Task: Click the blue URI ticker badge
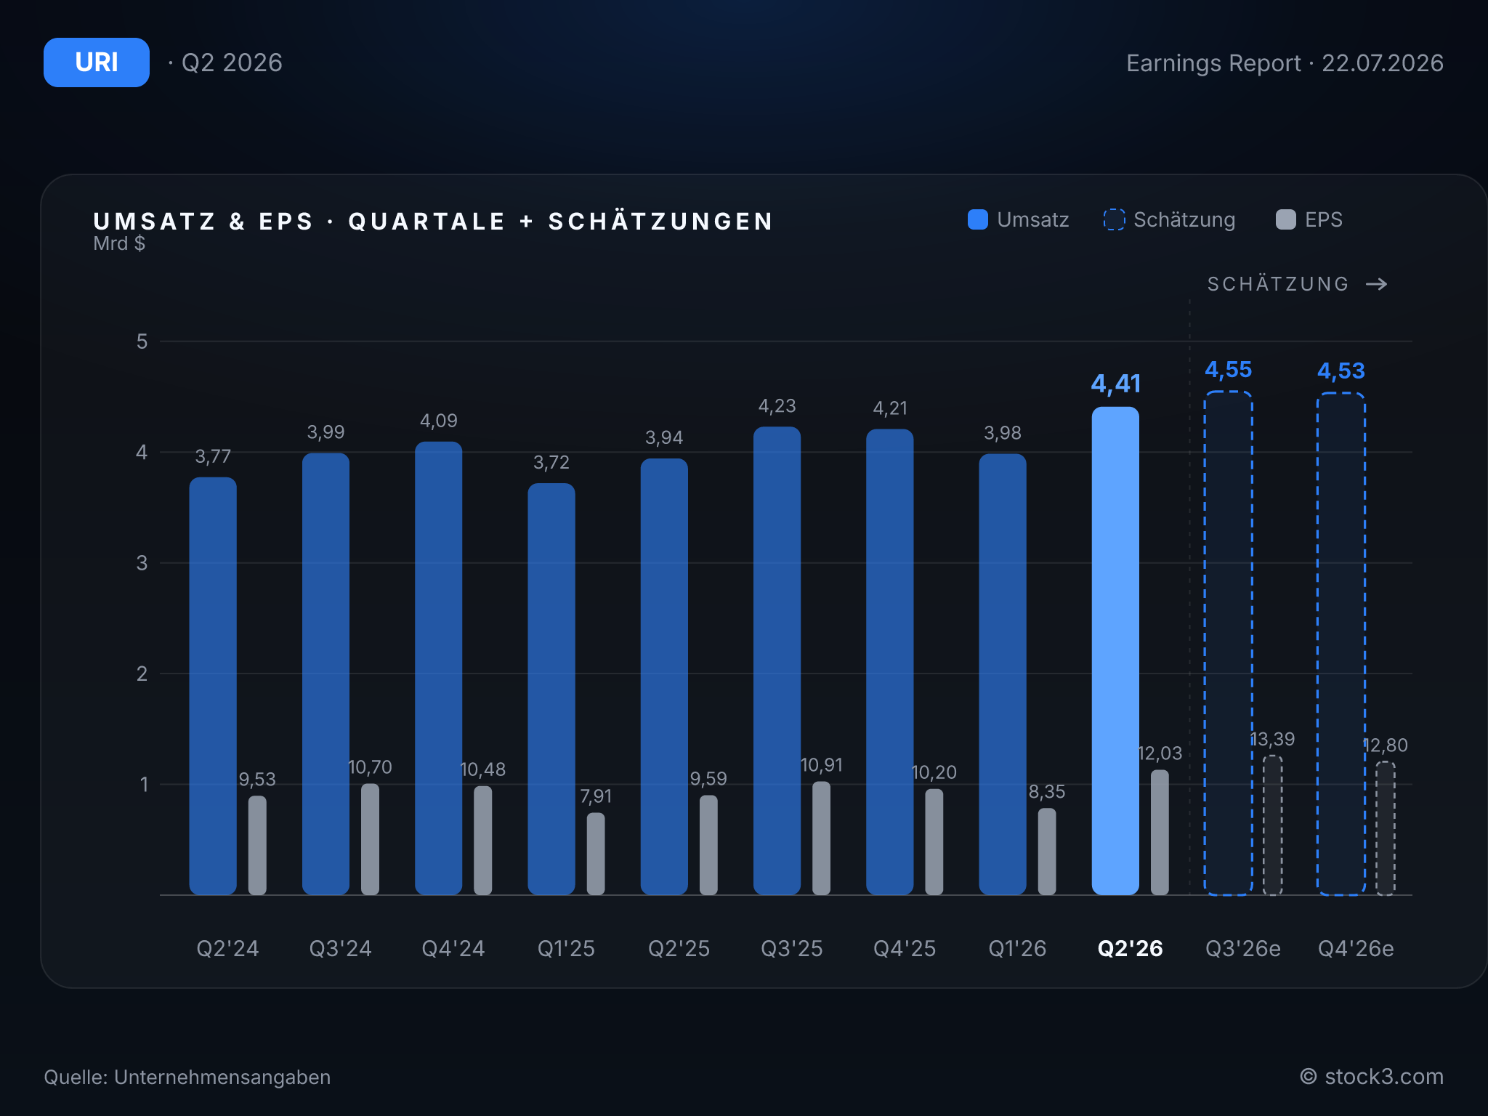coord(97,62)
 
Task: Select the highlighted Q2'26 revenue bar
coord(1115,650)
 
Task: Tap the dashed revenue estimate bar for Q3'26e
coord(1228,643)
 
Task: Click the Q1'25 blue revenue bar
coord(551,689)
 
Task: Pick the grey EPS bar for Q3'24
coord(370,839)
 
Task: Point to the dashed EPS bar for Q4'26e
coord(1385,828)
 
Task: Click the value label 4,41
coord(1115,384)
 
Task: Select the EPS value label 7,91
coord(596,796)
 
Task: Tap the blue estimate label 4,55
coord(1228,370)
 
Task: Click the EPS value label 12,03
coord(1160,753)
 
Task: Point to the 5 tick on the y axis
coord(142,341)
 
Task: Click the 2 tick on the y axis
coord(142,674)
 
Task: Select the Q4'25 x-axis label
coord(905,948)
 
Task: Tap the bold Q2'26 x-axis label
coord(1130,948)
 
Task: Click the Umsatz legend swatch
coord(978,219)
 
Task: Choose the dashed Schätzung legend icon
coord(1114,219)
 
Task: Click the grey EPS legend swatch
coord(1286,219)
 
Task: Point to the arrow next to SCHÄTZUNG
coord(1377,284)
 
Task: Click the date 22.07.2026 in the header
coord(1382,63)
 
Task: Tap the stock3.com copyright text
coord(1372,1077)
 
